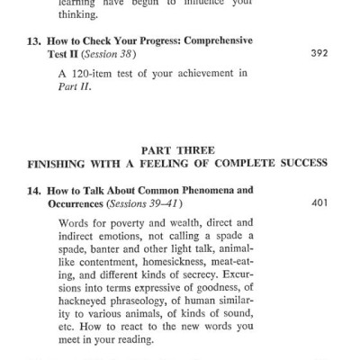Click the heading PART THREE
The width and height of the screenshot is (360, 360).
click(181, 149)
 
